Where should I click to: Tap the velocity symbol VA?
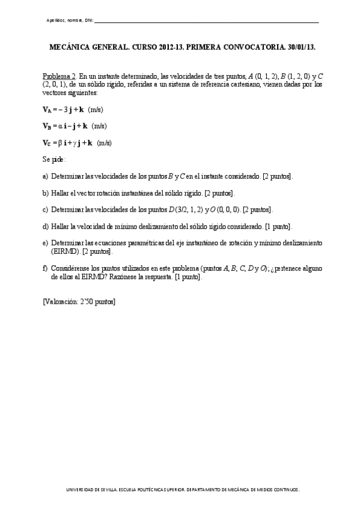(x=47, y=109)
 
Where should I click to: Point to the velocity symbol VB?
(x=47, y=126)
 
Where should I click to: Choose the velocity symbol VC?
(x=47, y=143)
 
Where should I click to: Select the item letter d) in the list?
(x=45, y=226)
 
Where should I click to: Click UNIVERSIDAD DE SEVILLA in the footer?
(x=90, y=490)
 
